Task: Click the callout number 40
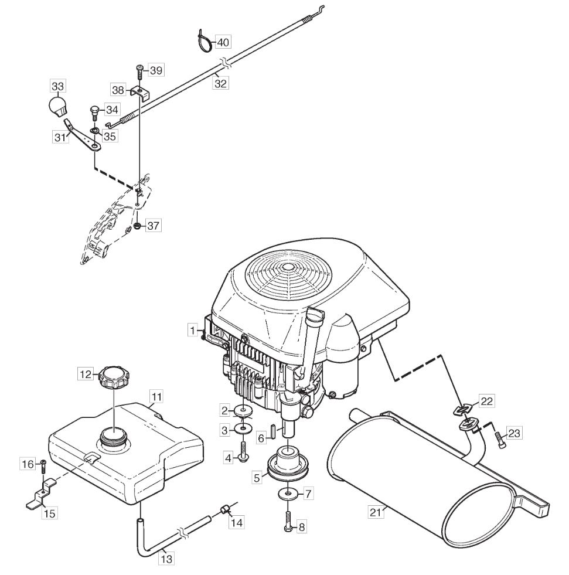click(x=223, y=43)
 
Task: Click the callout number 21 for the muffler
click(x=376, y=512)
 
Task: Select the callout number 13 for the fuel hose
click(x=166, y=559)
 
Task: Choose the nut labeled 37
click(x=138, y=225)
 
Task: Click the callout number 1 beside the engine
click(x=193, y=331)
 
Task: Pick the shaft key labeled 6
click(x=273, y=430)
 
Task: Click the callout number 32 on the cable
click(x=220, y=83)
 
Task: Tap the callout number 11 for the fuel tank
click(x=156, y=397)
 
